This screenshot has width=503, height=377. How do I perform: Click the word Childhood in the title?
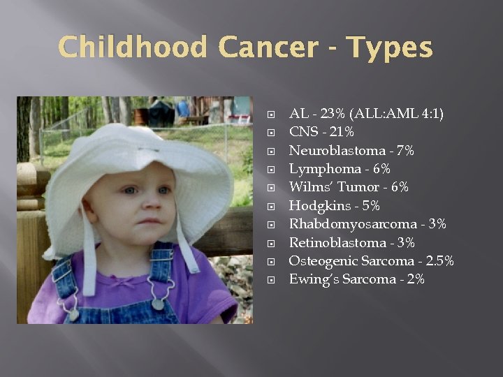[x=133, y=47]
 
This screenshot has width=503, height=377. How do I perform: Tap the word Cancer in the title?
[x=268, y=47]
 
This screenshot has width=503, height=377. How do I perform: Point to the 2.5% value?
[x=441, y=261]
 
